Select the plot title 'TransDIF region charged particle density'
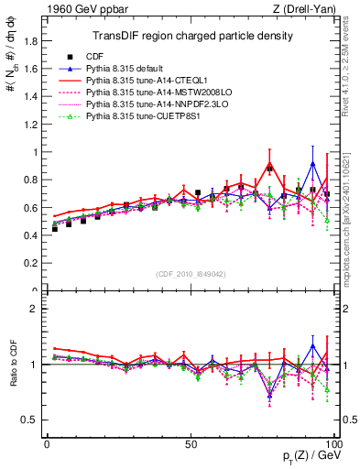(x=191, y=36)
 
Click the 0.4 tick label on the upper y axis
(x=32, y=235)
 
